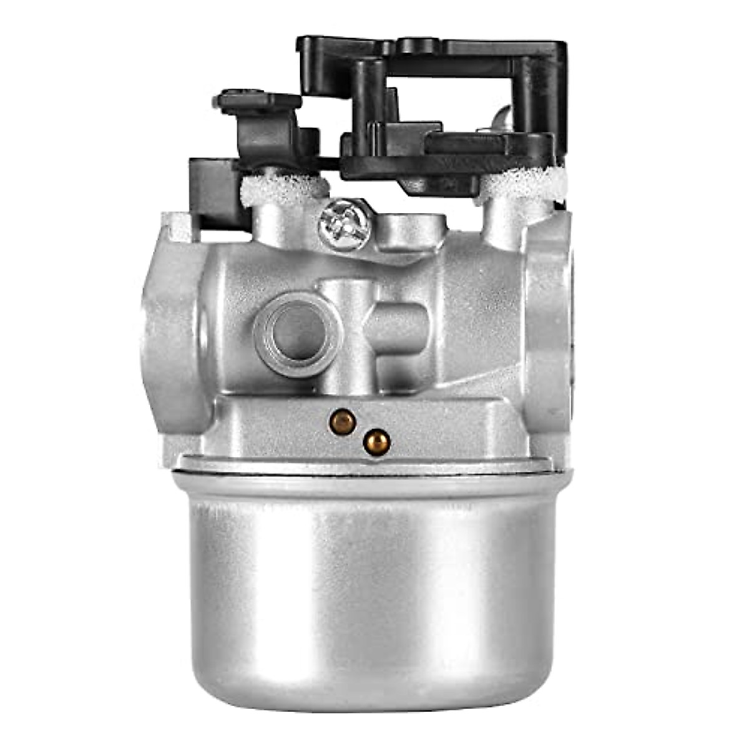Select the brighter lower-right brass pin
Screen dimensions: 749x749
pyautogui.click(x=377, y=442)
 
